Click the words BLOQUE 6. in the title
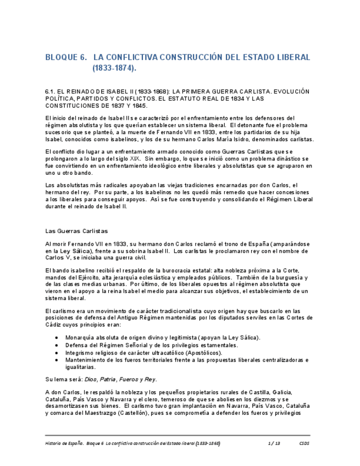coord(66,58)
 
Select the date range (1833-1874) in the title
coord(114,69)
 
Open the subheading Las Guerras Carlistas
coord(76,231)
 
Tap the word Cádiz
coord(54,325)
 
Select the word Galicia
coord(282,392)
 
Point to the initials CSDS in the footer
coord(304,443)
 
